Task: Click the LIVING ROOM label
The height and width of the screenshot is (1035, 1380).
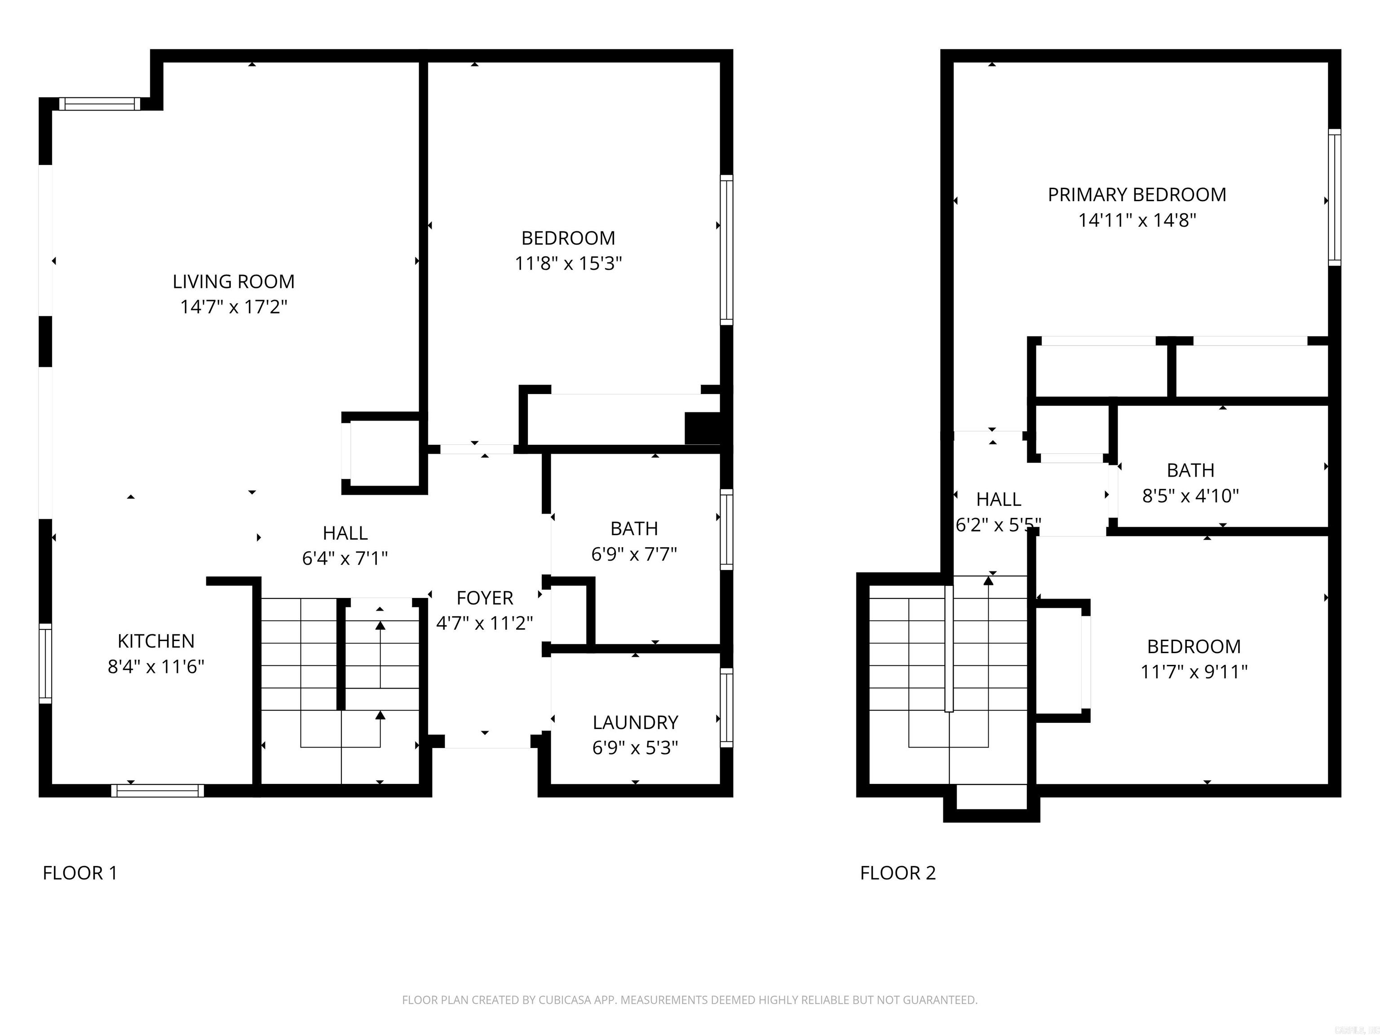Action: click(233, 281)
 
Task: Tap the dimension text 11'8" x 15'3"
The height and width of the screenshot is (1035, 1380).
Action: click(568, 263)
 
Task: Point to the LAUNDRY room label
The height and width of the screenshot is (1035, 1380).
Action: click(635, 722)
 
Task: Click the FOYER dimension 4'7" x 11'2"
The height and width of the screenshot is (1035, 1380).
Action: click(484, 623)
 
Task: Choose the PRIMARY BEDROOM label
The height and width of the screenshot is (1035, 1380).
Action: click(1137, 195)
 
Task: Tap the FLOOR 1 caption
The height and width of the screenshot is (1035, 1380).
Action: click(80, 873)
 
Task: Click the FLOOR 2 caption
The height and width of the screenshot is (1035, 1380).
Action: click(898, 873)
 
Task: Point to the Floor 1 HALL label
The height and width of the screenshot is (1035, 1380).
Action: click(345, 533)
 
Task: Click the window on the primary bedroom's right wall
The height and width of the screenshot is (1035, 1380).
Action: click(1334, 197)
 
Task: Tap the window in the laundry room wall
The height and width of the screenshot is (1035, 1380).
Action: click(726, 708)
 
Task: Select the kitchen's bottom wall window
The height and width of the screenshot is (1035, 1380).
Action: click(157, 791)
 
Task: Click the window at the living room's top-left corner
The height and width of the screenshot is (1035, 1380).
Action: click(100, 104)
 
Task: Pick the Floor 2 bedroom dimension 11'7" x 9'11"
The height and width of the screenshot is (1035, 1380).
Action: click(1194, 672)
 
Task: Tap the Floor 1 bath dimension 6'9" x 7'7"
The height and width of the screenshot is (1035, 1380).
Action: click(634, 554)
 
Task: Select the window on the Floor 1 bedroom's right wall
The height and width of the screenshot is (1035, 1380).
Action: click(726, 250)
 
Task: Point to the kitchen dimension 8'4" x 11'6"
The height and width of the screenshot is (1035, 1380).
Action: click(156, 667)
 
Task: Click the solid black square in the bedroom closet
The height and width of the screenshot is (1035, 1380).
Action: click(703, 428)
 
